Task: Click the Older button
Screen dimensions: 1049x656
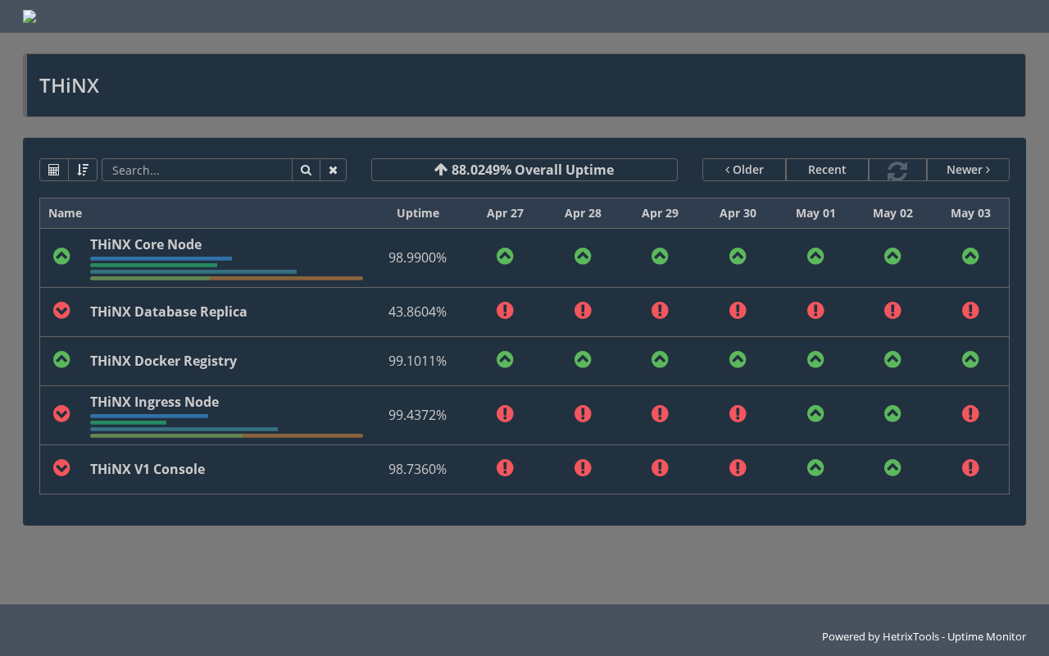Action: coord(744,170)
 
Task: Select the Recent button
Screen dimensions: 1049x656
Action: coord(827,170)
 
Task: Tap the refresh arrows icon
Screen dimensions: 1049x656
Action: coord(897,171)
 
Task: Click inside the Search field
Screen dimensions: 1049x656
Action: coord(197,170)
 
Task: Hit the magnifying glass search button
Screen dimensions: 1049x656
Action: coord(306,170)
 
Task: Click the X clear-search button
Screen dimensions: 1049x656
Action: coord(333,170)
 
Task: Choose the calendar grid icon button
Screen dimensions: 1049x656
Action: coord(54,170)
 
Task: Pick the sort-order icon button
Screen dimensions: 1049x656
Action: coord(83,170)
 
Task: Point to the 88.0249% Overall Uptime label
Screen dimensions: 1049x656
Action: coord(524,170)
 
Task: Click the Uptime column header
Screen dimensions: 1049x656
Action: coord(418,213)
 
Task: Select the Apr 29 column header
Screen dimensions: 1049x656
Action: coord(660,213)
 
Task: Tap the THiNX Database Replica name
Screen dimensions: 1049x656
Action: coord(168,312)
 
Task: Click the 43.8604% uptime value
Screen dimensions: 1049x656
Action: coord(417,312)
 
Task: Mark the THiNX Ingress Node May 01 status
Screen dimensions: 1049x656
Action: coord(815,414)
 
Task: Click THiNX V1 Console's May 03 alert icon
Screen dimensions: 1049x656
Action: coord(970,467)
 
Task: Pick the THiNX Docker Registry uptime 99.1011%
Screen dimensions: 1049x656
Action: coord(417,361)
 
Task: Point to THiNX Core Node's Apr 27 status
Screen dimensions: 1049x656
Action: coord(505,257)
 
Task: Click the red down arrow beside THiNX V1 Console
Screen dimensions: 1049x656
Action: coord(61,467)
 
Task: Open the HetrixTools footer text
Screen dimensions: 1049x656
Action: coord(924,637)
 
